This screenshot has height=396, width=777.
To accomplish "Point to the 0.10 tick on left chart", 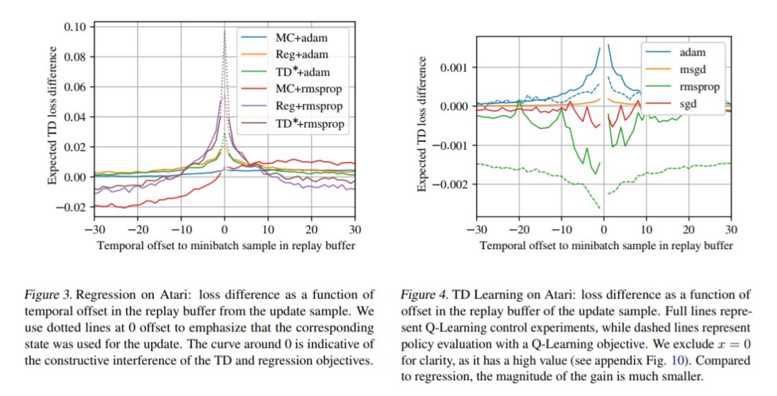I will coord(74,27).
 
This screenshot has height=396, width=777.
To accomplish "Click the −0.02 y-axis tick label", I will coord(71,207).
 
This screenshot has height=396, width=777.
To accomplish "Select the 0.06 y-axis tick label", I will coord(74,87).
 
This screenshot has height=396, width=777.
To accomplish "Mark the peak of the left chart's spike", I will coord(224,30).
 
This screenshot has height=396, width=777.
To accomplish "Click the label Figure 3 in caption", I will coord(47,294).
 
